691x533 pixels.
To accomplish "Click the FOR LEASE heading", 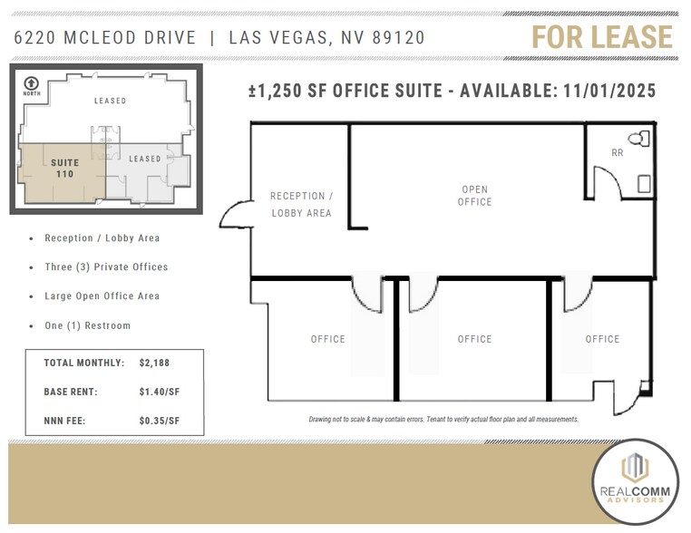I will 601,37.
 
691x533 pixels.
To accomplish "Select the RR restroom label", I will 618,153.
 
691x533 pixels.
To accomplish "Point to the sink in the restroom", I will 644,183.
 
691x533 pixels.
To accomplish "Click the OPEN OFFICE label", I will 474,196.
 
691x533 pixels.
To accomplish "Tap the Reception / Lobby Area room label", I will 301,205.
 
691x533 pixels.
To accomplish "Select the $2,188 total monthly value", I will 155,363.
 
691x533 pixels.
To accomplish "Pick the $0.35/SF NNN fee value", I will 160,421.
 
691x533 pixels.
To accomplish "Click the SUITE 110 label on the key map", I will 64,169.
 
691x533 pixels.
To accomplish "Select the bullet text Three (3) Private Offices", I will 106,267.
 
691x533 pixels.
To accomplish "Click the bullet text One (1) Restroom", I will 87,325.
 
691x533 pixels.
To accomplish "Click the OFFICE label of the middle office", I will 474,339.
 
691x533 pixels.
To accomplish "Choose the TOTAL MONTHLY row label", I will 84,363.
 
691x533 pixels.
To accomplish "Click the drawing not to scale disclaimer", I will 443,420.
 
